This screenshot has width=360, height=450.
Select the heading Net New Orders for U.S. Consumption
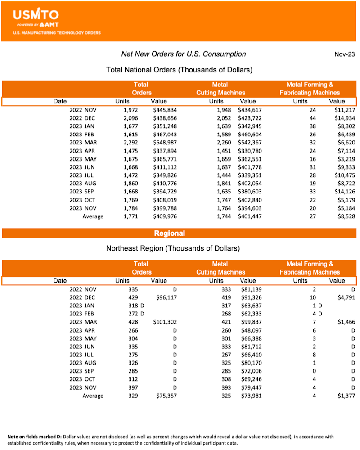184,54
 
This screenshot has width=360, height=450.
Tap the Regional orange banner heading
170,233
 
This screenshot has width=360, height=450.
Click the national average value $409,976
163,216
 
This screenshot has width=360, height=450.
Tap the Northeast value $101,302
163,322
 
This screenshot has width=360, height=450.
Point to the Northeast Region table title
173,248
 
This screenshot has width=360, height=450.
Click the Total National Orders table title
179,70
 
